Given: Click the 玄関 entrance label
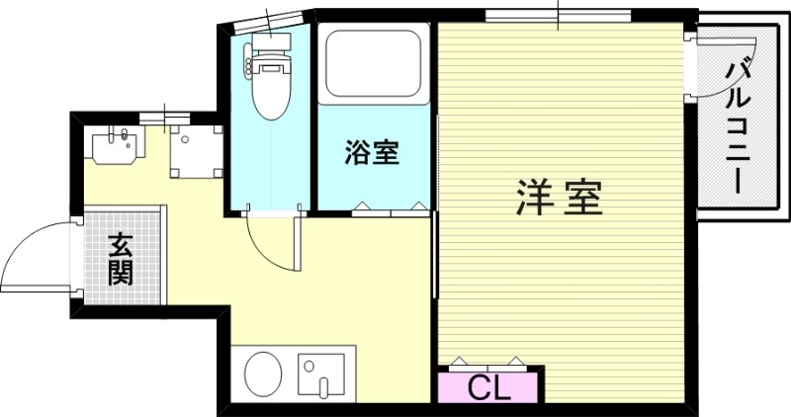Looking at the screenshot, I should tap(121, 258).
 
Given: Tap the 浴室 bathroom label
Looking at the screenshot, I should tap(372, 153).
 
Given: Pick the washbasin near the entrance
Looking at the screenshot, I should tap(118, 146).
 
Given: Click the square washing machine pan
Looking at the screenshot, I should tap(192, 149).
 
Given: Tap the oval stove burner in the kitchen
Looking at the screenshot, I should tap(262, 374).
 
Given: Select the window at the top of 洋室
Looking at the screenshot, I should tap(559, 14).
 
